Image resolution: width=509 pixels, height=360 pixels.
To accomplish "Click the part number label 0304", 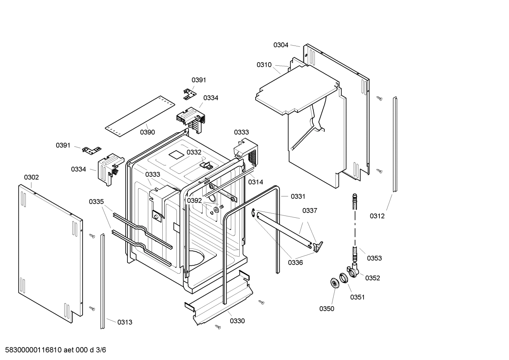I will [x=281, y=45].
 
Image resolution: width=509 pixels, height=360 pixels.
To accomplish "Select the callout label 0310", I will [x=264, y=65].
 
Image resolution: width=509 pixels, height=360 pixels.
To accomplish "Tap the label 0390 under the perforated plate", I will [x=147, y=132].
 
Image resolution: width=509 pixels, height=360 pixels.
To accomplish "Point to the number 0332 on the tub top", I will [x=194, y=152].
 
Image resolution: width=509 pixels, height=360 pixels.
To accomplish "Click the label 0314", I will [x=255, y=182].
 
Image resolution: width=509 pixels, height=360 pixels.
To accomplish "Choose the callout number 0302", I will [x=31, y=177].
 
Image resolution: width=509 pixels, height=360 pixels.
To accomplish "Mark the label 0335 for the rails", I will [x=96, y=202].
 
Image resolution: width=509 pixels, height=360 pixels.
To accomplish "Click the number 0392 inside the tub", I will [x=194, y=201].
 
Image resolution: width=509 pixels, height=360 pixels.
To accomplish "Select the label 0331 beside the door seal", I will [x=298, y=196].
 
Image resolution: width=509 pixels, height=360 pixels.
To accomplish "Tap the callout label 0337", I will [x=310, y=211].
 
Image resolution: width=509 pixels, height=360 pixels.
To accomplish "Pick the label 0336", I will [x=295, y=262].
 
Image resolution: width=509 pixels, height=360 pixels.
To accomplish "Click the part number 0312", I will [x=377, y=216].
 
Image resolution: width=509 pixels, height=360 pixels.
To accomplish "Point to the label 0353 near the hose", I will [x=374, y=258].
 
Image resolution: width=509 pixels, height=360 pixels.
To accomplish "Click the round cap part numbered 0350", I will [x=334, y=283].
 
